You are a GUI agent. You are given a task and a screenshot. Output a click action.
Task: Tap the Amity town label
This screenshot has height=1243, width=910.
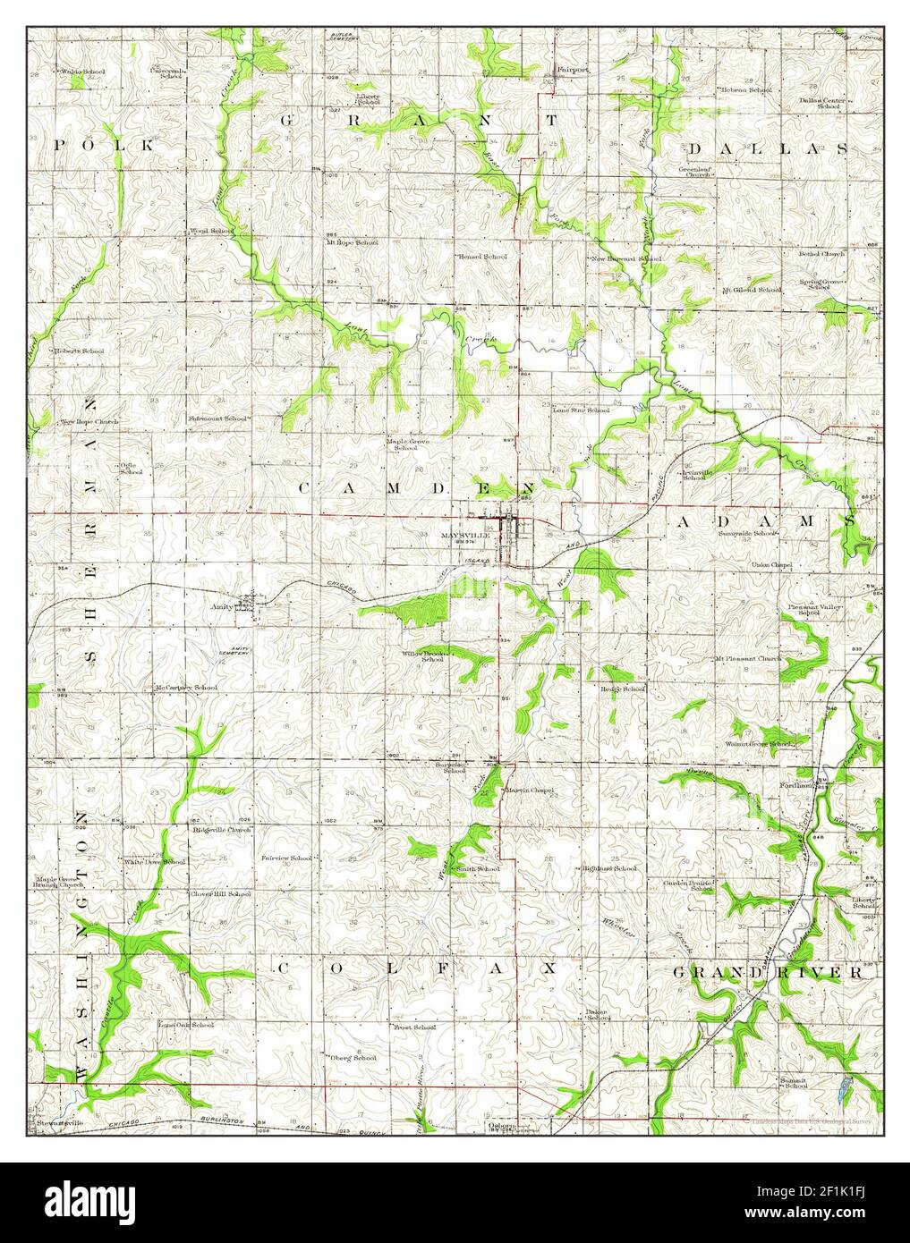[222, 605]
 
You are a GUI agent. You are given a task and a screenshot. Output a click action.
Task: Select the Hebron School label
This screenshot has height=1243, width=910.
[747, 90]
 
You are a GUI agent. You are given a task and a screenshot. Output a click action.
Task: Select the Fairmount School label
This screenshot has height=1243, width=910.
[217, 418]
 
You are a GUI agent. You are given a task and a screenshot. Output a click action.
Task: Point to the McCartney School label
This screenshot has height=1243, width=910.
[186, 688]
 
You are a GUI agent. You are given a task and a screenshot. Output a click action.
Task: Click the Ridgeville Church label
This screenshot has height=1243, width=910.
[222, 830]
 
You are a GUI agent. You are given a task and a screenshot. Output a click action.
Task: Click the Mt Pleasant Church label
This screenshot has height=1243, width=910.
[747, 658]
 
